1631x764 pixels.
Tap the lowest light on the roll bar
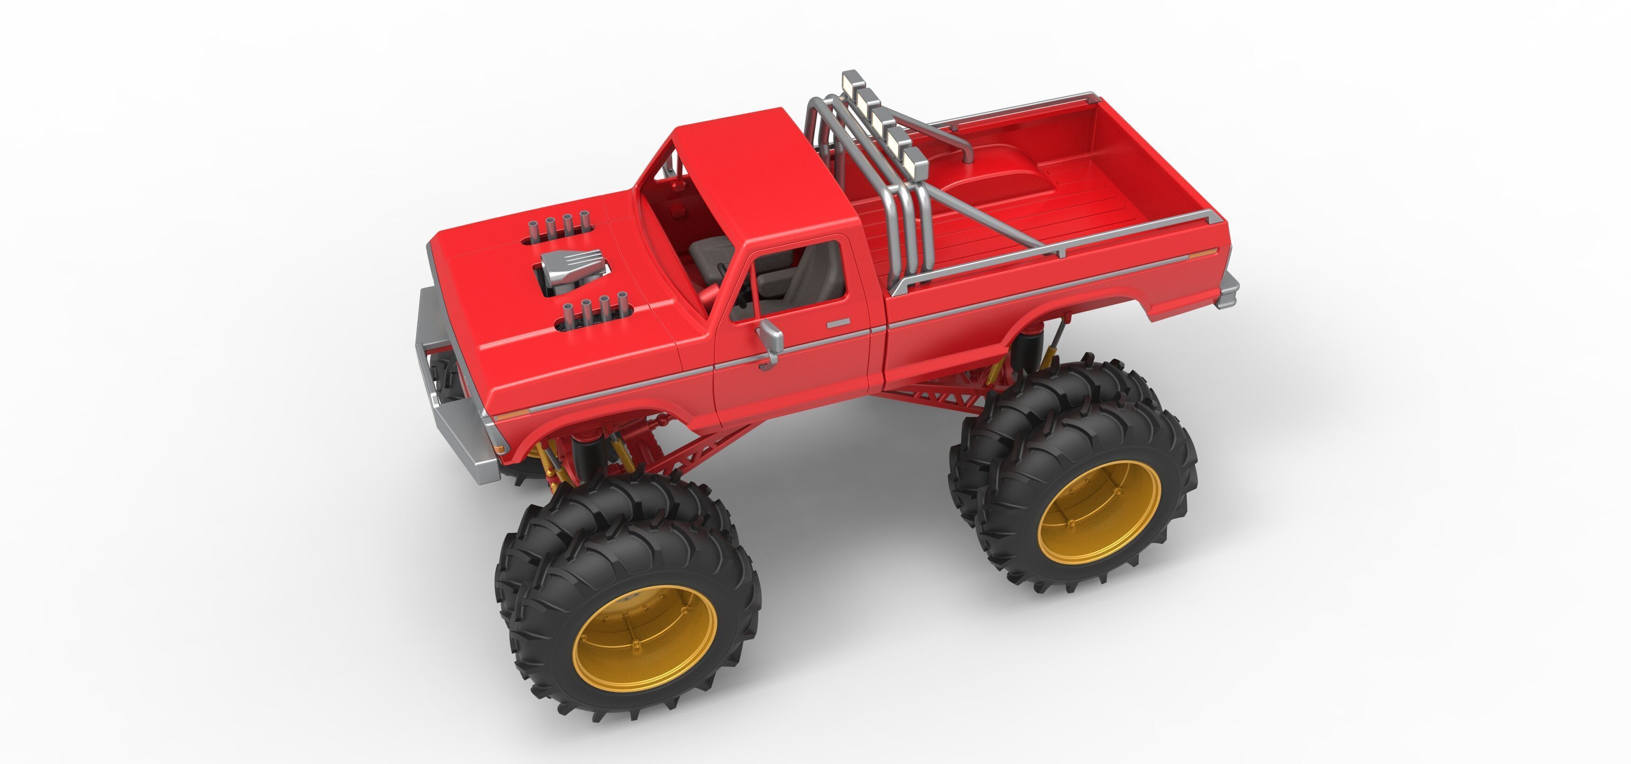[915, 162]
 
